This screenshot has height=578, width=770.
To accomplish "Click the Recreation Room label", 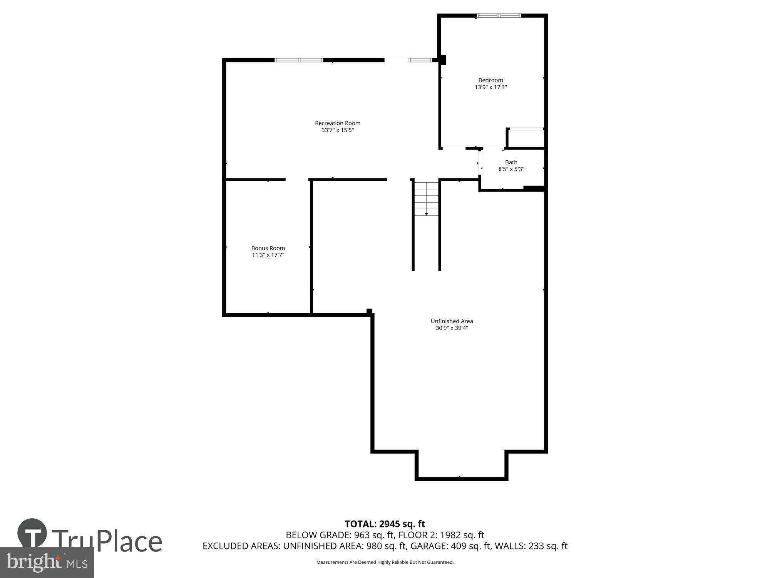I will [338, 123].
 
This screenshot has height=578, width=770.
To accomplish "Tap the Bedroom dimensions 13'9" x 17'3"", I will [490, 87].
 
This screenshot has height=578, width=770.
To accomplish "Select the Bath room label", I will [511, 162].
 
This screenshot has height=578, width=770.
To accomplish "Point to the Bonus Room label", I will [268, 248].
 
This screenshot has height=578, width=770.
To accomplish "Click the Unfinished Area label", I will [452, 321].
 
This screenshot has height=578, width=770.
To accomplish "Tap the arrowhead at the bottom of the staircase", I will [426, 214].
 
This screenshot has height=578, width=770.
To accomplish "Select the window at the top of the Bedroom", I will [499, 16].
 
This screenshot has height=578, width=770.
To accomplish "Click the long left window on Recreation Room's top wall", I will [299, 60].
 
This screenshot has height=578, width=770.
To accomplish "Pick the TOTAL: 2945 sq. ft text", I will [385, 524].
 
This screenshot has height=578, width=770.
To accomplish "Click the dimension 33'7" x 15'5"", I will [338, 130].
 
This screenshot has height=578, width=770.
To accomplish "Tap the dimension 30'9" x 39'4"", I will [452, 328].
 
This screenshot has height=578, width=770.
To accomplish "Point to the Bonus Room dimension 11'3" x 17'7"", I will [268, 255].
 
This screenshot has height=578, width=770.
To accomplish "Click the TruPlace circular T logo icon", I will [32, 534].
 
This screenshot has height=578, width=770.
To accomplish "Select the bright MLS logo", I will [47, 563].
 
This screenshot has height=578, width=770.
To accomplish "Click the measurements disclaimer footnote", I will [385, 562].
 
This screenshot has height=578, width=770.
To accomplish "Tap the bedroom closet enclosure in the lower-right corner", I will [526, 138].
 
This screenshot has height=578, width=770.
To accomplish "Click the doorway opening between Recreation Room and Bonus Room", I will [297, 180].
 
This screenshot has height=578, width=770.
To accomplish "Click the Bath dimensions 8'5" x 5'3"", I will [511, 169].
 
